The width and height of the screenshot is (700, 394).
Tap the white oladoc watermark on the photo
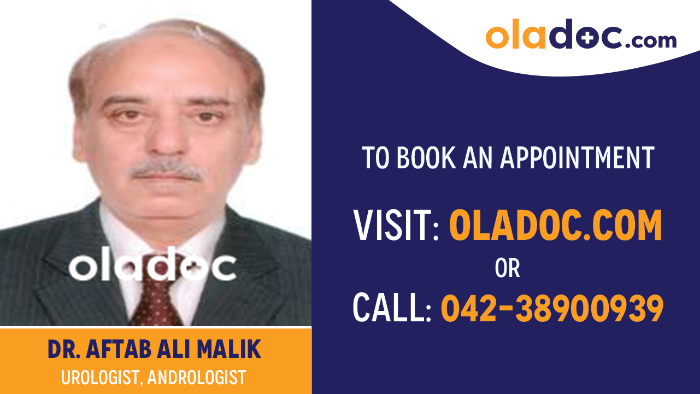click(x=152, y=267)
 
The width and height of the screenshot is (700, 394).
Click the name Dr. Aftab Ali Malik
click(x=154, y=350)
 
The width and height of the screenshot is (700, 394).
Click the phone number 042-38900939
click(x=552, y=308)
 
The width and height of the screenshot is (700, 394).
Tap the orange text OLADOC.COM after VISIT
click(x=555, y=226)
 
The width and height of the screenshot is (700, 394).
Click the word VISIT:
click(x=396, y=226)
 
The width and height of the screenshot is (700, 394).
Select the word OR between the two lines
click(x=507, y=268)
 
